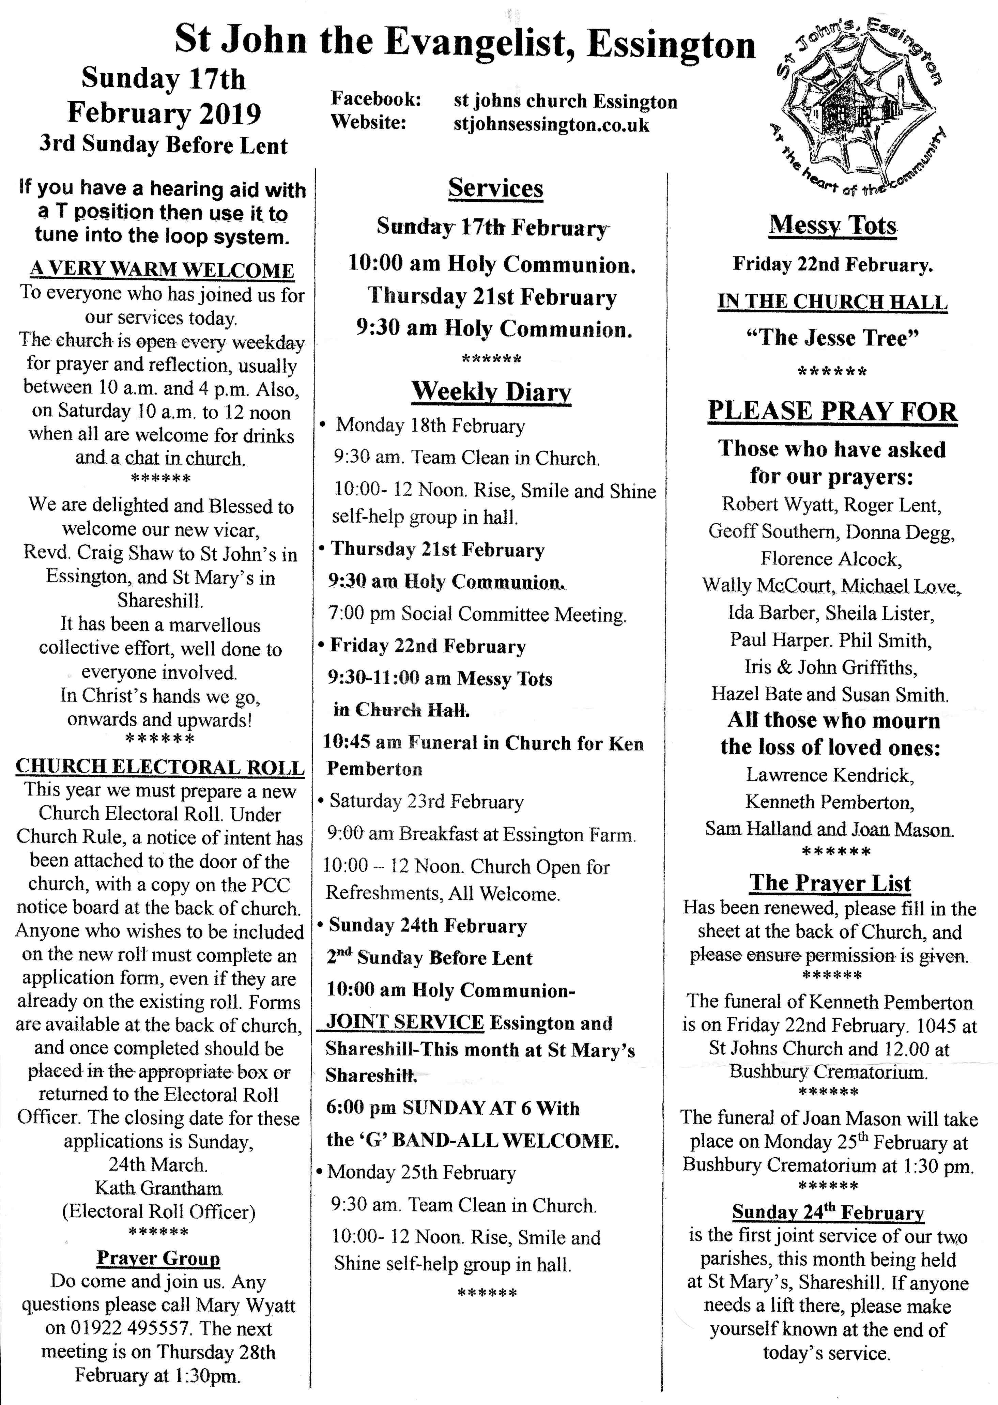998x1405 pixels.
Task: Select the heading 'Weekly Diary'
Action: click(x=491, y=391)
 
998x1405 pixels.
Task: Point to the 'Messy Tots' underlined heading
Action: click(x=832, y=226)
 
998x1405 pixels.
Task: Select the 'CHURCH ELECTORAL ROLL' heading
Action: click(x=160, y=767)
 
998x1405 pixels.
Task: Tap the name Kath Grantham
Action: click(x=158, y=1188)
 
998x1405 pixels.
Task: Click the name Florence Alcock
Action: click(x=831, y=558)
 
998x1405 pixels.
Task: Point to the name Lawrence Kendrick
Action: click(x=830, y=775)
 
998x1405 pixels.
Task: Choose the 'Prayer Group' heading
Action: click(x=158, y=1258)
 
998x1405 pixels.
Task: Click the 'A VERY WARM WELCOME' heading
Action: click(x=162, y=270)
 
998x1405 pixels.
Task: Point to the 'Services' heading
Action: click(x=495, y=188)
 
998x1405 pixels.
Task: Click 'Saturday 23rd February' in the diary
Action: click(x=427, y=802)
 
